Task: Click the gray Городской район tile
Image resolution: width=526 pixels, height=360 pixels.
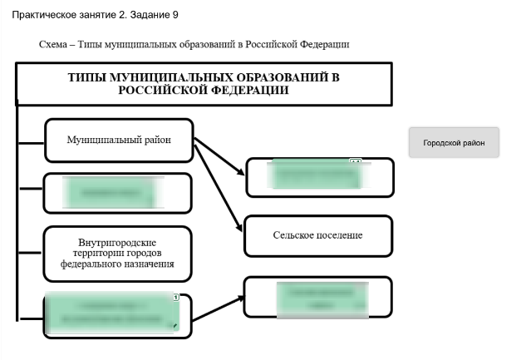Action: click(454, 142)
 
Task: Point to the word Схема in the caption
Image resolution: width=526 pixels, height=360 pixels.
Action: click(56, 44)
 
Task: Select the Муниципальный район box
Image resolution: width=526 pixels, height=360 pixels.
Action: click(119, 140)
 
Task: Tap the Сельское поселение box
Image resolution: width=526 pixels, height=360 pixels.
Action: click(317, 235)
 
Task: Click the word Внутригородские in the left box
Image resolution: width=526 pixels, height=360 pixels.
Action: click(117, 241)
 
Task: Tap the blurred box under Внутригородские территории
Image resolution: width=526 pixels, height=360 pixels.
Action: click(115, 315)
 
